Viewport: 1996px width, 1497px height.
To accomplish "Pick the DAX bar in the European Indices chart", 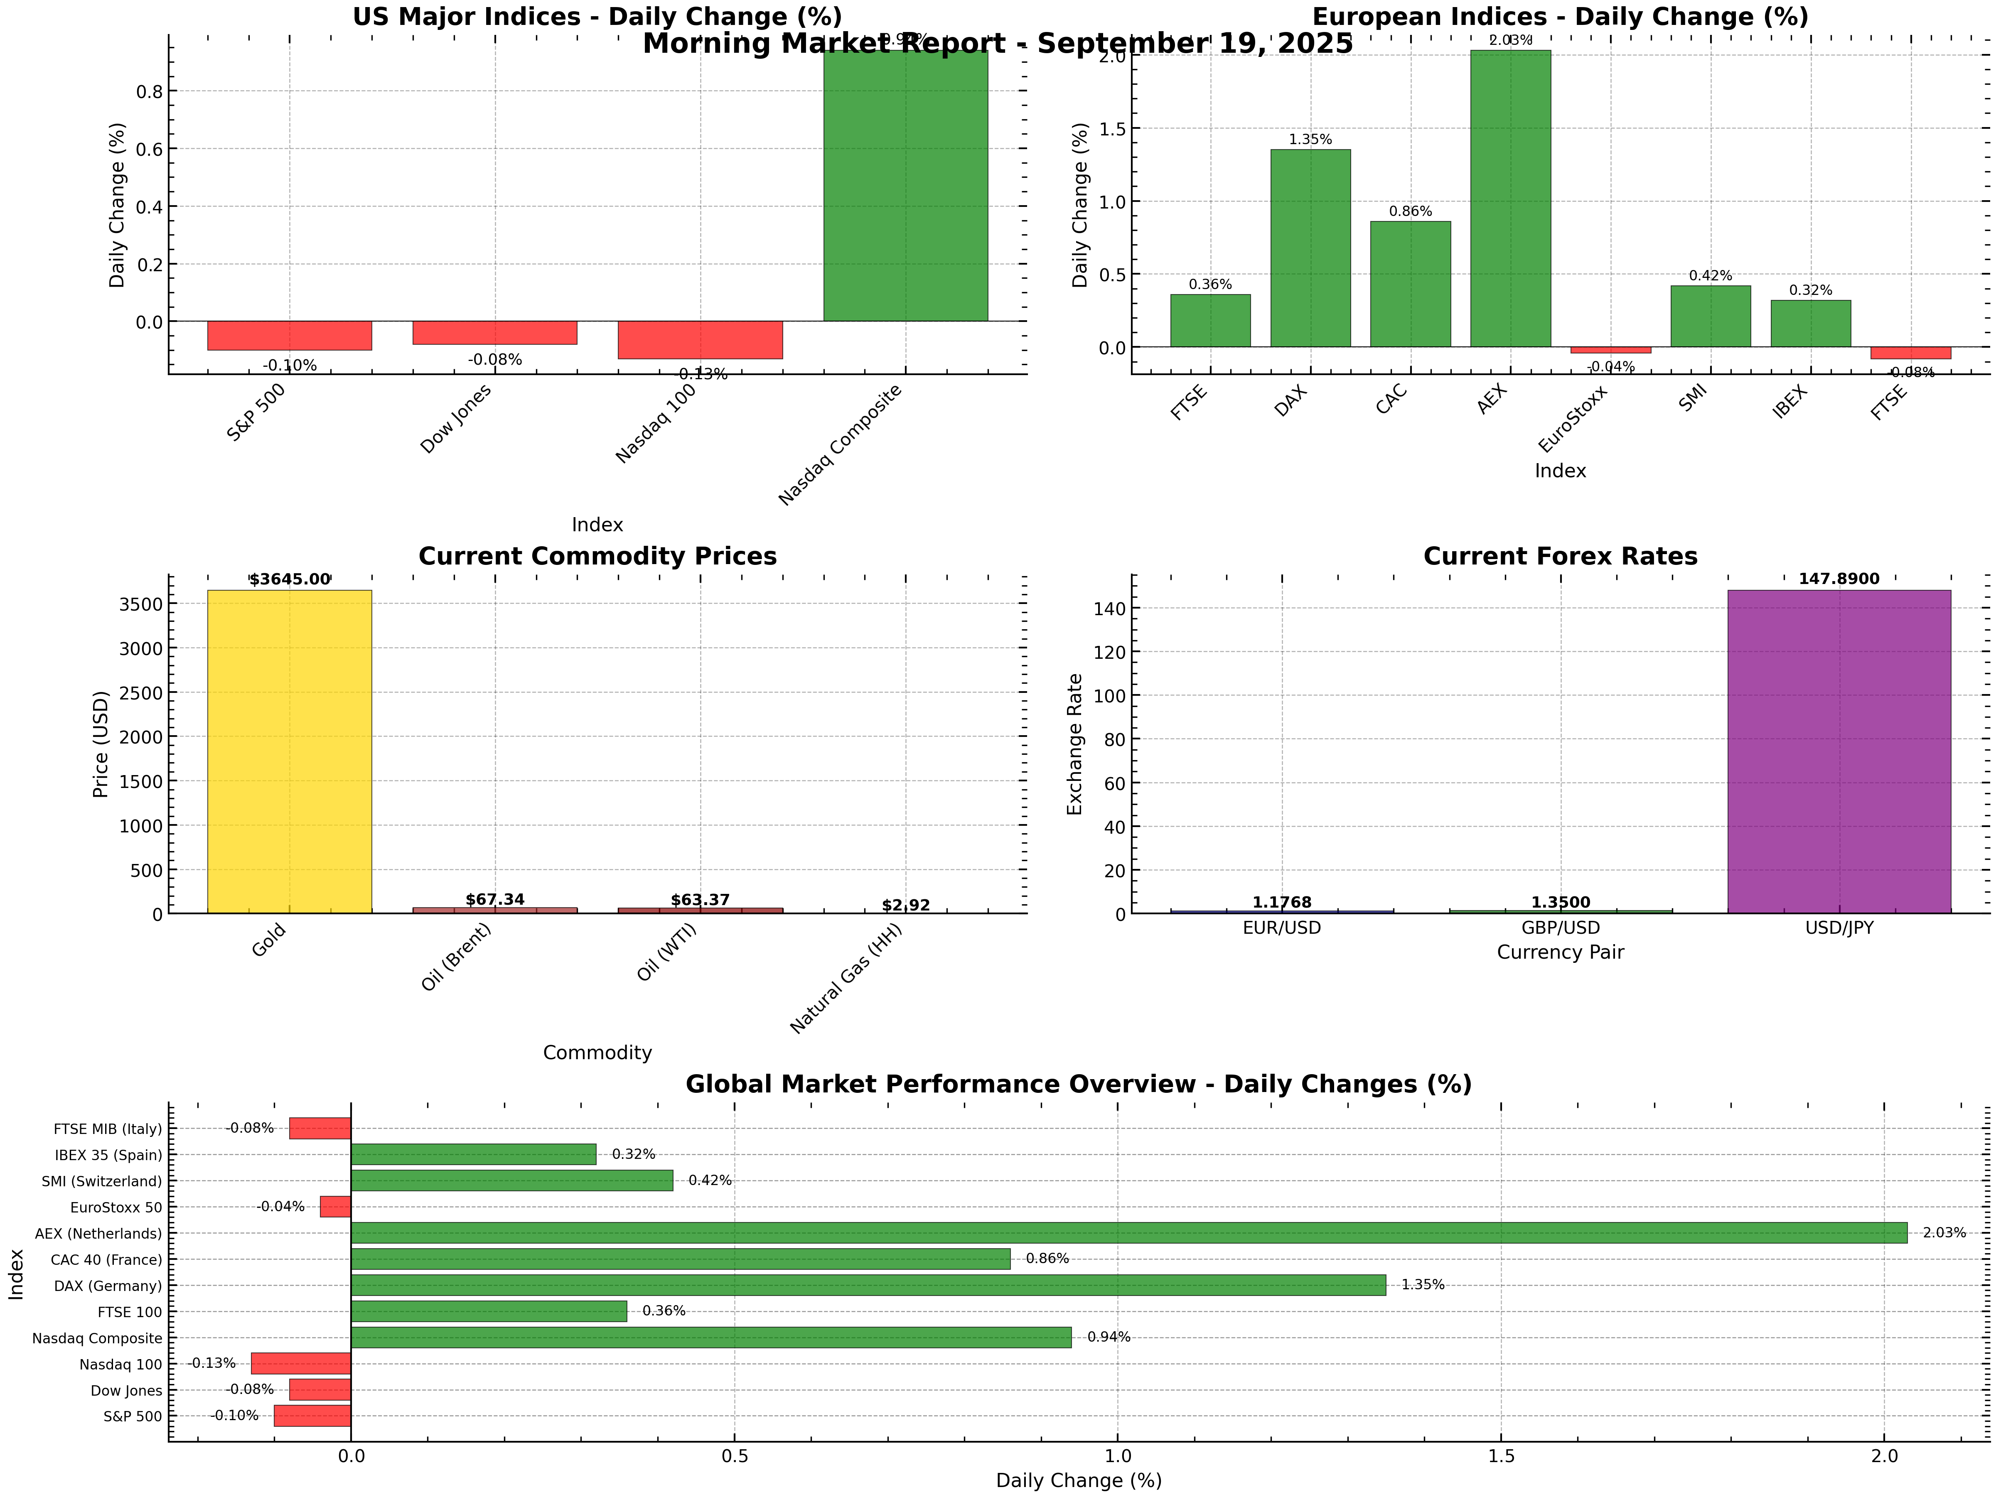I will (1310, 248).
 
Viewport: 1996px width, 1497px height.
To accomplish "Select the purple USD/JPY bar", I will (1838, 752).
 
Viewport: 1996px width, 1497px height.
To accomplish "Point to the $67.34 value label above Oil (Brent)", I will (494, 900).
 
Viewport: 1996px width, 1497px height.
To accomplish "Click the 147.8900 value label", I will (1838, 579).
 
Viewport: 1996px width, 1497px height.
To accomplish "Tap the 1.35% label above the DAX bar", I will (1310, 140).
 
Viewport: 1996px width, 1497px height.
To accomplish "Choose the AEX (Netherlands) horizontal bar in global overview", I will (1128, 1232).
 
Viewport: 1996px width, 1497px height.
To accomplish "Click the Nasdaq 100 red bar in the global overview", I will (300, 1363).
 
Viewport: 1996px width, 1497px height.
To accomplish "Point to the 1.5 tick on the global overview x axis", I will (1501, 1455).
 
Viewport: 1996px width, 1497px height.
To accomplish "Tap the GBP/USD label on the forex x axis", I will (1560, 928).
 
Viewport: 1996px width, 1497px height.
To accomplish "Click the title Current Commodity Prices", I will (597, 557).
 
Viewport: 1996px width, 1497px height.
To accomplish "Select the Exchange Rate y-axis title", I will (1075, 744).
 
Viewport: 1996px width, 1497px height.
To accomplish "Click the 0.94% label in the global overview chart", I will (1108, 1337).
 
